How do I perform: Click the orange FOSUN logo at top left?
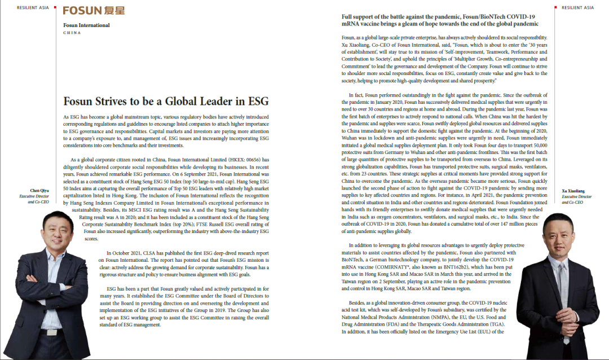tap(93, 11)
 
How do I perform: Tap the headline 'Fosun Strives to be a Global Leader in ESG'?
tap(166, 102)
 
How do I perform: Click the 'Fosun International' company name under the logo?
tap(86, 25)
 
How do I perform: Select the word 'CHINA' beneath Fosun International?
tap(72, 33)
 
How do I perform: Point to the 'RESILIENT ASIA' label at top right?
tap(578, 7)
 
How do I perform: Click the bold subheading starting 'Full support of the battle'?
tap(439, 20)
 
